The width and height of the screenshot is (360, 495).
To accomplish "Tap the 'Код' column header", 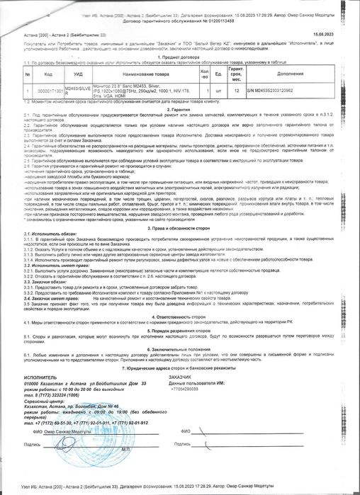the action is [47, 73].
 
